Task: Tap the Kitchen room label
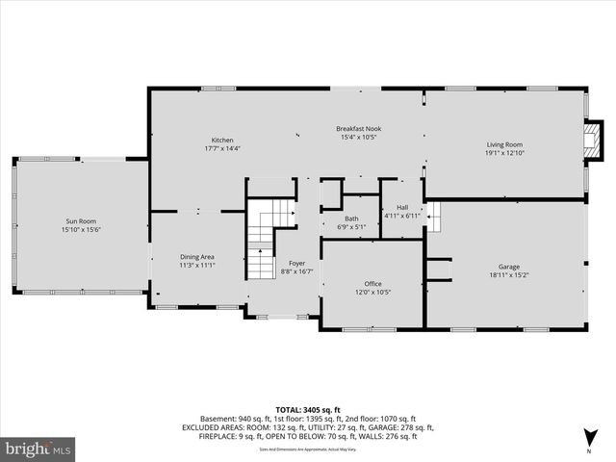[222, 141]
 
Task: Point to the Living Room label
[504, 144]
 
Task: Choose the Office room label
[372, 284]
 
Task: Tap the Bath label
[351, 219]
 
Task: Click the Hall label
[401, 207]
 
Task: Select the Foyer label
[296, 263]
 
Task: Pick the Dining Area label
[196, 256]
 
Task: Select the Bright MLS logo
[38, 449]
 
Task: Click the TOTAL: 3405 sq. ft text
[308, 410]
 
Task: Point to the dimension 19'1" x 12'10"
[504, 152]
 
